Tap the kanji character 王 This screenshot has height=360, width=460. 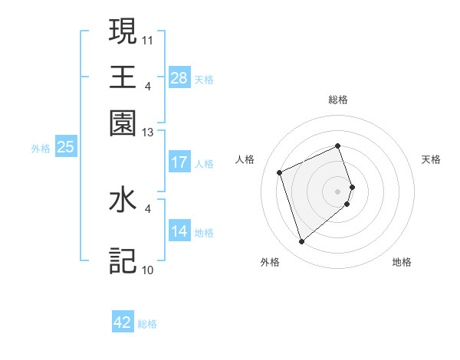click(x=123, y=76)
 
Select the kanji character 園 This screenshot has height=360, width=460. click(x=123, y=123)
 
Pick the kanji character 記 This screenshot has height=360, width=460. click(x=123, y=260)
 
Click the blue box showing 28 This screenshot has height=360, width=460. click(x=179, y=78)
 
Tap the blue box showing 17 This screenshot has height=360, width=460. click(x=179, y=162)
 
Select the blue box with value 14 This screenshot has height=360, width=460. click(x=179, y=232)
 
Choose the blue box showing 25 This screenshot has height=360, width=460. click(x=65, y=147)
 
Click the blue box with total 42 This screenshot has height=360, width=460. click(x=123, y=322)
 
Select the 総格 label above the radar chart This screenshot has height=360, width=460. click(x=338, y=100)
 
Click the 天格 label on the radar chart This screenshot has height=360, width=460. click(x=431, y=159)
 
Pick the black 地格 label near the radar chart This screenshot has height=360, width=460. click(x=402, y=262)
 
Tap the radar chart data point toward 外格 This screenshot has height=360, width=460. click(x=301, y=242)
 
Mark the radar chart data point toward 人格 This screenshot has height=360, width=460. click(x=280, y=172)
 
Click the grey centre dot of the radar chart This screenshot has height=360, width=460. click(x=338, y=190)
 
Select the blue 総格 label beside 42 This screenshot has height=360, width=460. click(x=147, y=324)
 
